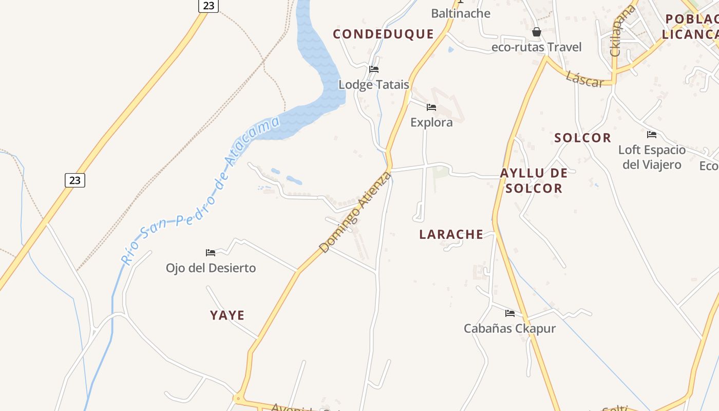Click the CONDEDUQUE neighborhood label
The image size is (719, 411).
point(383,34)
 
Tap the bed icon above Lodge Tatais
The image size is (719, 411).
point(374,69)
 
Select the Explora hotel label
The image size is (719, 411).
point(431,122)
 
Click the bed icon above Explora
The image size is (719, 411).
point(431,107)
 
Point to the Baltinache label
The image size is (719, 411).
point(461,13)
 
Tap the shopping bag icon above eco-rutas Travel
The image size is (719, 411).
point(537,32)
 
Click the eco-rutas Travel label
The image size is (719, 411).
point(537,47)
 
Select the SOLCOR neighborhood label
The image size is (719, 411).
point(582,138)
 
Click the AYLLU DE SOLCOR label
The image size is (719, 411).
point(534,180)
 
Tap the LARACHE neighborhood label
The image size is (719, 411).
point(451,234)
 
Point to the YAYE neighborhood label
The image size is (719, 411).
point(227,315)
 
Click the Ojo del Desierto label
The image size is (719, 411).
point(211,268)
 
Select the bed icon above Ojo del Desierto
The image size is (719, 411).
point(211,253)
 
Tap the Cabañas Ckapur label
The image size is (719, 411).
point(509,328)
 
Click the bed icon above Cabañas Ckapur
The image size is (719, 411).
point(509,313)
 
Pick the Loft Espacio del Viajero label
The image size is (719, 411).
point(652,157)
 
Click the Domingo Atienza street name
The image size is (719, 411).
point(355,213)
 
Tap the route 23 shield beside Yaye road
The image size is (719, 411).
point(75,180)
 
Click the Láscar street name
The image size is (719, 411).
point(584,79)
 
